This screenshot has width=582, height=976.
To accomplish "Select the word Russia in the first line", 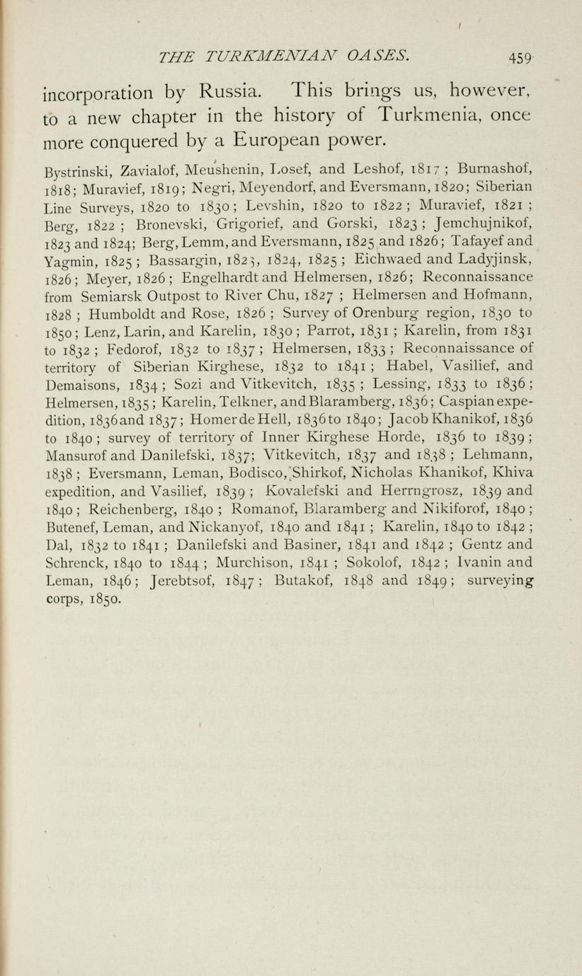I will click(x=225, y=92).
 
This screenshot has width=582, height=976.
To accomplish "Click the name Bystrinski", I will click(x=78, y=171).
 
